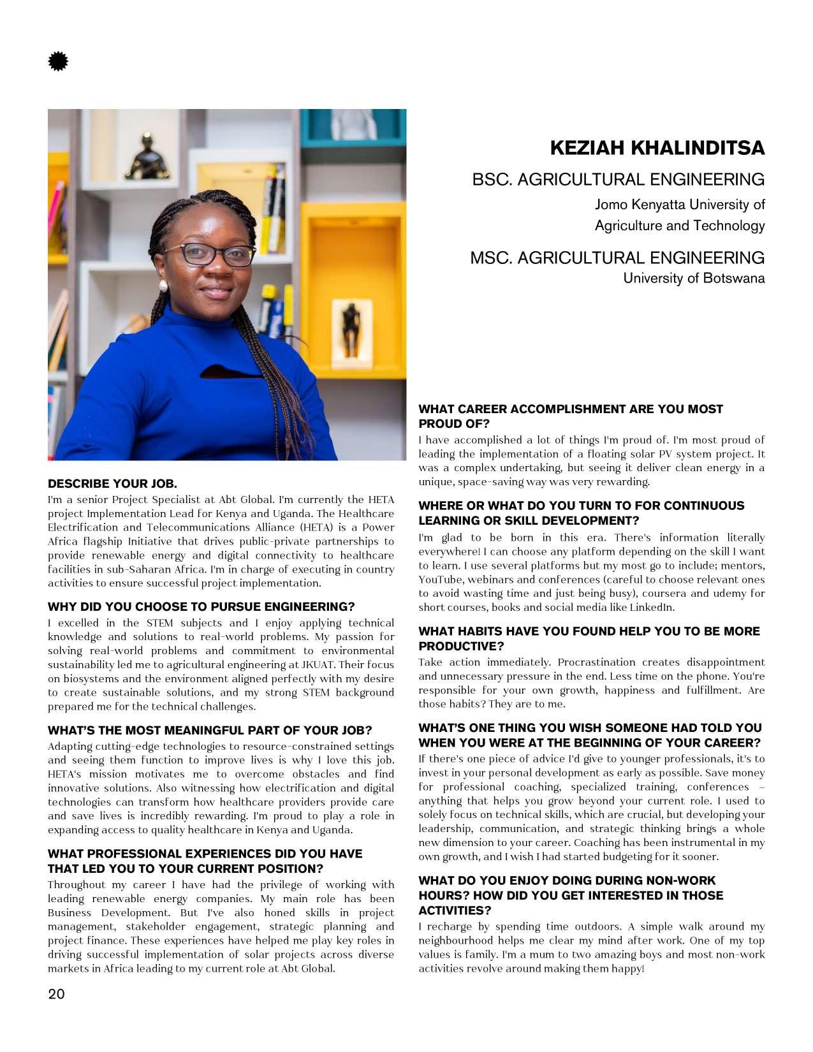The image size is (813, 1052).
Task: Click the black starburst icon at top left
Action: point(58,62)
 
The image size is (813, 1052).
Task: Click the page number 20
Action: point(56,994)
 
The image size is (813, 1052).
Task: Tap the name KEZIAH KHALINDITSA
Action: point(657,148)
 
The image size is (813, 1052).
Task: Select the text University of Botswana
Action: point(693,278)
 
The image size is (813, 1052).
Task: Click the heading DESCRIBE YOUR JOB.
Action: point(112,483)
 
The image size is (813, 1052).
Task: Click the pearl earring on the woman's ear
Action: point(163,286)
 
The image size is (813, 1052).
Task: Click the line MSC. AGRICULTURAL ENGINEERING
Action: point(617,258)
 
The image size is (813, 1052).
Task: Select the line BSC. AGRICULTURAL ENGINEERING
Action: point(618,179)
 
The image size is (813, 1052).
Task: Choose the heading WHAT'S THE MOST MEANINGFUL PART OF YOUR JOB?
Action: point(210,730)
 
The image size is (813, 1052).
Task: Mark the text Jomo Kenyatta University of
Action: point(679,205)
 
